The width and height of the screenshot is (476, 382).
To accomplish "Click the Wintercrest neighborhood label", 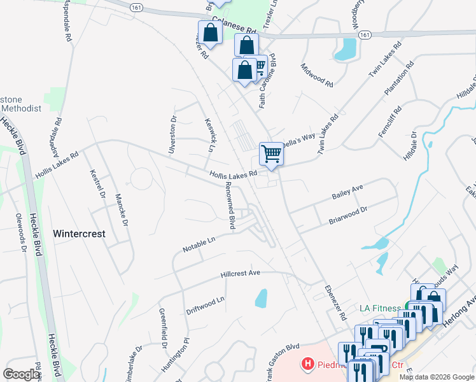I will [79, 234].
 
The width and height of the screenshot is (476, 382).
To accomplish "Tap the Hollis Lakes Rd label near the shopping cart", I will [234, 174].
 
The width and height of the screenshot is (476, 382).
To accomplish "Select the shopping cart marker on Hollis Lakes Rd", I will [271, 153].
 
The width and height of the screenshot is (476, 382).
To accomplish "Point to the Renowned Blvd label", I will [233, 210].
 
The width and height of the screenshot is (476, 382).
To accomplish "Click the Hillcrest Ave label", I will [241, 274].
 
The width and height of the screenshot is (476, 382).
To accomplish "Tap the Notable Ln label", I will [199, 243].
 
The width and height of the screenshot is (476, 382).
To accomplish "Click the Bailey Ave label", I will [347, 192].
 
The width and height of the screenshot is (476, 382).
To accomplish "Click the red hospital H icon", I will [309, 364].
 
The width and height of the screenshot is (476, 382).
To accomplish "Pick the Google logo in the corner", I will [22, 374].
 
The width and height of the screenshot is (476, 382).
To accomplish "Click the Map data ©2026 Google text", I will [437, 377].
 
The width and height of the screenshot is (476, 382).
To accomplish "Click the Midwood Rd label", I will [317, 75].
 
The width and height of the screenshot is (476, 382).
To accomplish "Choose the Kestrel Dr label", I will [98, 183].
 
